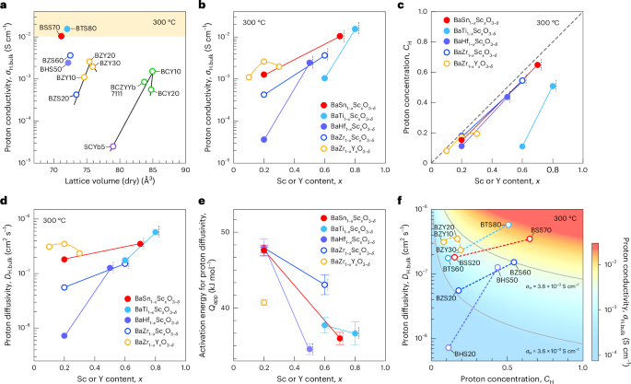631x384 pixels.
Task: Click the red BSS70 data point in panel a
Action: click(x=61, y=35)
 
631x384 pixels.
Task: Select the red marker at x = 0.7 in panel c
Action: click(x=538, y=64)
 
